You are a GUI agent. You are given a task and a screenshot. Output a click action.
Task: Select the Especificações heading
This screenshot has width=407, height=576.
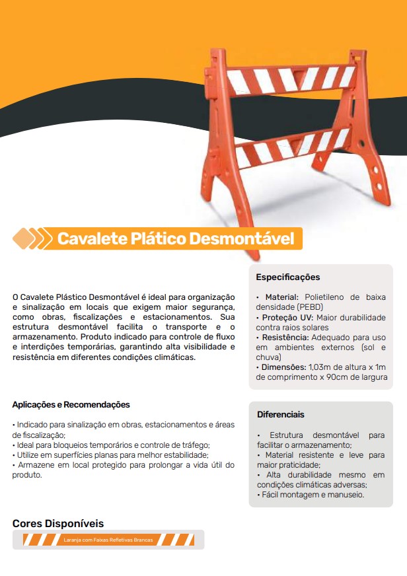pyautogui.click(x=287, y=277)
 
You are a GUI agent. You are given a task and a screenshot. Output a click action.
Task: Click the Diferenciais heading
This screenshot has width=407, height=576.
pyautogui.click(x=281, y=415)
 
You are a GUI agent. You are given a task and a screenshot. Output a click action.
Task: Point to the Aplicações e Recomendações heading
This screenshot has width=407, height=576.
pyautogui.click(x=71, y=404)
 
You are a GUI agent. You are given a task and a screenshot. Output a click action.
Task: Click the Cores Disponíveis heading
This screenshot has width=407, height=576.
pyautogui.click(x=58, y=523)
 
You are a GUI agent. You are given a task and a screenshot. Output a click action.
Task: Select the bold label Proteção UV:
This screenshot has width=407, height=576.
pyautogui.click(x=287, y=318)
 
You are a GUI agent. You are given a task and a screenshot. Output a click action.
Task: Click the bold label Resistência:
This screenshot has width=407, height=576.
pyautogui.click(x=286, y=337)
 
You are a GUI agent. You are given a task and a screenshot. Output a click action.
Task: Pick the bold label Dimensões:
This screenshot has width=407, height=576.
pyautogui.click(x=283, y=367)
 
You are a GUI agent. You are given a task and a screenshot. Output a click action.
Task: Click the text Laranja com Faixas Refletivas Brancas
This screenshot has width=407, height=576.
pyautogui.click(x=108, y=540)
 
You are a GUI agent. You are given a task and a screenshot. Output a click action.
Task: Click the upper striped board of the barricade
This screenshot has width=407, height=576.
pyautogui.click(x=291, y=79)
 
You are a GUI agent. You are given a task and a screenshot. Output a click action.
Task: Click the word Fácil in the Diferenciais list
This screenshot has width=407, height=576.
pyautogui.click(x=274, y=494)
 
